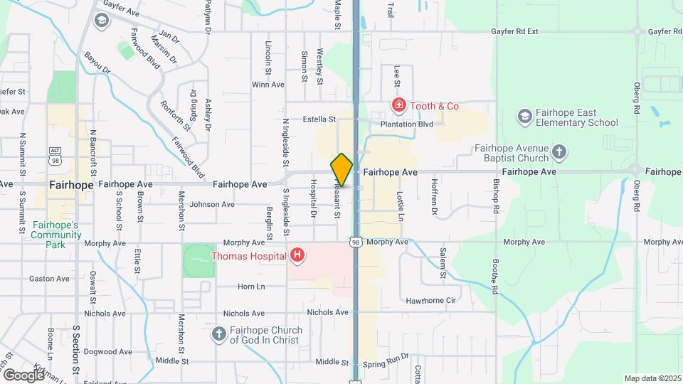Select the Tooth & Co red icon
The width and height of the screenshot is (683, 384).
[399, 106]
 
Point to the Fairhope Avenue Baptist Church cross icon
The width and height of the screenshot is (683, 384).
[560, 151]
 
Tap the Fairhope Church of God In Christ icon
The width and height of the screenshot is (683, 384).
[219, 333]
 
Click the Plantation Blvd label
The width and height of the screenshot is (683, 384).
[406, 124]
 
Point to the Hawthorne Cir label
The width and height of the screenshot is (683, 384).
[430, 301]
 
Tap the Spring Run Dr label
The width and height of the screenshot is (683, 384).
[386, 363]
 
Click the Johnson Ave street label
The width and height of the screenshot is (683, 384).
[212, 205]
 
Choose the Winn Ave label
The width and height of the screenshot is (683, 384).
[268, 85]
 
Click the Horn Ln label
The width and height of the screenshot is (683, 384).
[250, 287]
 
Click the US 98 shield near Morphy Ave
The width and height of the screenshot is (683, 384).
[355, 242]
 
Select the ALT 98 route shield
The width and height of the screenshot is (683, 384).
[55, 155]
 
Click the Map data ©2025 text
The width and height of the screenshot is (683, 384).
[651, 378]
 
